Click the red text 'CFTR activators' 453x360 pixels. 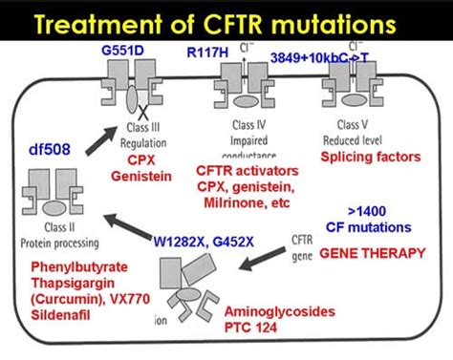(x=243, y=171)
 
